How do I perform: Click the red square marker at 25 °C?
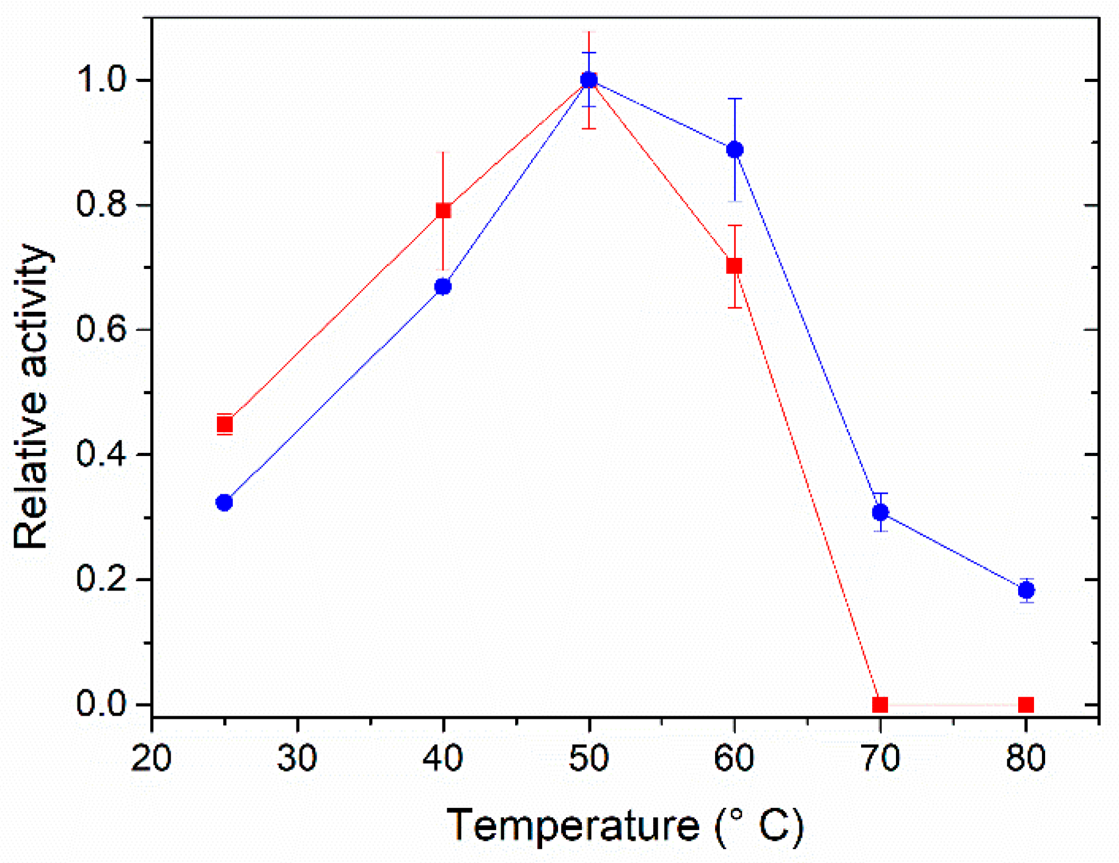[225, 424]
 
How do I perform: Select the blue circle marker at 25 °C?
[224, 502]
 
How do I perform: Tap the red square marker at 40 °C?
[444, 211]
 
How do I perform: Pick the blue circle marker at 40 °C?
[443, 287]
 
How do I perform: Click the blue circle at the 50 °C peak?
[589, 79]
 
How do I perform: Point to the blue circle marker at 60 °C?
[735, 150]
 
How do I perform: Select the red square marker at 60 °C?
[734, 266]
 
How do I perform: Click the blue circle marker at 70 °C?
[880, 512]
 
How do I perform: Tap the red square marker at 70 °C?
[880, 705]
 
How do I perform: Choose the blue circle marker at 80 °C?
[1027, 590]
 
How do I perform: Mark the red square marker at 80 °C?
[1026, 705]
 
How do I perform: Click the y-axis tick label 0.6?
[101, 329]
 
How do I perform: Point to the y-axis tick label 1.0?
[101, 79]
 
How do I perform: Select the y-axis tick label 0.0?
[101, 703]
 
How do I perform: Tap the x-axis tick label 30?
[297, 758]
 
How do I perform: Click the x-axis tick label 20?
[151, 758]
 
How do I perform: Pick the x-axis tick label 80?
[1026, 758]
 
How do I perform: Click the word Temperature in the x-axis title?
[573, 825]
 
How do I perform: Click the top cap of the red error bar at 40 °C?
[444, 152]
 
